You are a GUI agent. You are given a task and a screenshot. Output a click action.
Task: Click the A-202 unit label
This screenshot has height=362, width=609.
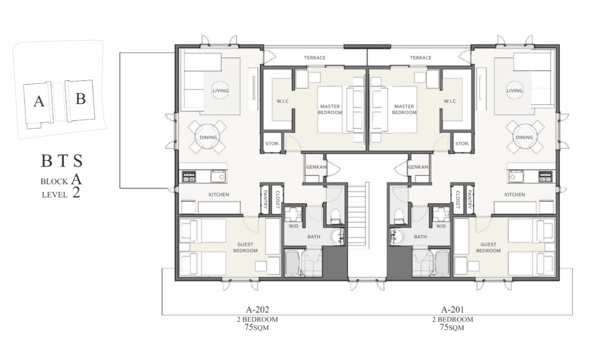pos(258,310)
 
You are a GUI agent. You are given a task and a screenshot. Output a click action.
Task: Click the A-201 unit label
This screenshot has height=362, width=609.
pos(453,310)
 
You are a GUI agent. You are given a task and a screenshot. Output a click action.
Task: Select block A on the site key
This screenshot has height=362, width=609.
pos(39,102)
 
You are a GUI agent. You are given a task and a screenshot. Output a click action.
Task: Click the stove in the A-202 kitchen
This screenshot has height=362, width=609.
pos(189,177)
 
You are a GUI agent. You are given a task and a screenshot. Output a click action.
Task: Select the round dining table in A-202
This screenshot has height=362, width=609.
pos(208,137)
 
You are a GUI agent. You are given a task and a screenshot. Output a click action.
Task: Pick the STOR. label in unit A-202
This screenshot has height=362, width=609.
pos(272,144)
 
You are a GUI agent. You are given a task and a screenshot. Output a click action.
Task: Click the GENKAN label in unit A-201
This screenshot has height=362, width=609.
pos(418,167)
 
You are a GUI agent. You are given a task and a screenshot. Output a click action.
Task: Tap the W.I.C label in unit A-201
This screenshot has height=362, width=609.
pos(450,101)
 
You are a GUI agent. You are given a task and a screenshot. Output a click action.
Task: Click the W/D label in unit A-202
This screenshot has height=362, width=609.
pos(294,226)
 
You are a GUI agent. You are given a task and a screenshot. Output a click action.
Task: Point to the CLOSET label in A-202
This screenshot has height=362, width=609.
pos(278,200)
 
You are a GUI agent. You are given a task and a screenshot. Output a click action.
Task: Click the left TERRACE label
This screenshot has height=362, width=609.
pos(315,58)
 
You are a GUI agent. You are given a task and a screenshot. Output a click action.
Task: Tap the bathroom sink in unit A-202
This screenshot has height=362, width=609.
pos(338,237)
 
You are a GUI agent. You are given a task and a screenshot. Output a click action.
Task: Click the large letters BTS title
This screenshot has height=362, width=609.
pos(62,160)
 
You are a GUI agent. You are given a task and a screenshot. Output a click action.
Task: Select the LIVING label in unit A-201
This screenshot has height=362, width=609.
pos(514,90)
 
